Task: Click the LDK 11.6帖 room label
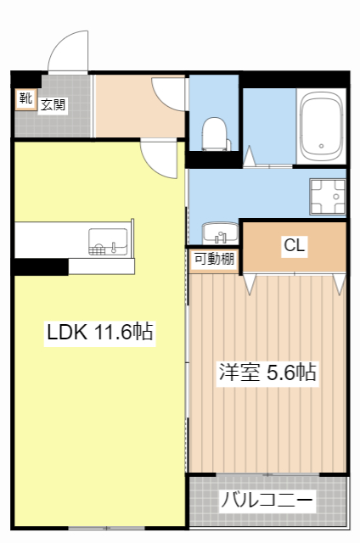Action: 99,333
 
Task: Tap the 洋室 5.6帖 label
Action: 267,372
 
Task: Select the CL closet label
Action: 295,246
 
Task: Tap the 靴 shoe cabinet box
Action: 25,98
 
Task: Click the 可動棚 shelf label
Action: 214,260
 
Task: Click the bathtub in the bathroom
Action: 321,126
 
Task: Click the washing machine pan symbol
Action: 328,197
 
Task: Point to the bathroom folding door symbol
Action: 250,157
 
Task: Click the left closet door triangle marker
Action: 250,283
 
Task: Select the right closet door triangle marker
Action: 340,283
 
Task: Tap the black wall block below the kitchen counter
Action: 40,267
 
